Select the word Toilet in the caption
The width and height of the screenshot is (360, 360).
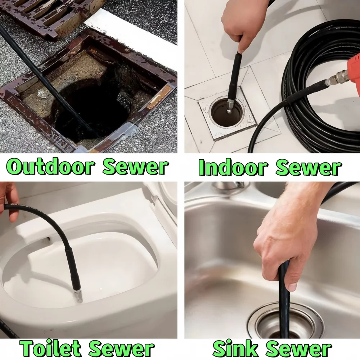coord(50,348)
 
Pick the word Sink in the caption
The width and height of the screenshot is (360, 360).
coord(235,348)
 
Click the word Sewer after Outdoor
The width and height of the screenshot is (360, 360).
coord(136,167)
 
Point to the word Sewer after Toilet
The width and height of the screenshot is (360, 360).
coord(122,349)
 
